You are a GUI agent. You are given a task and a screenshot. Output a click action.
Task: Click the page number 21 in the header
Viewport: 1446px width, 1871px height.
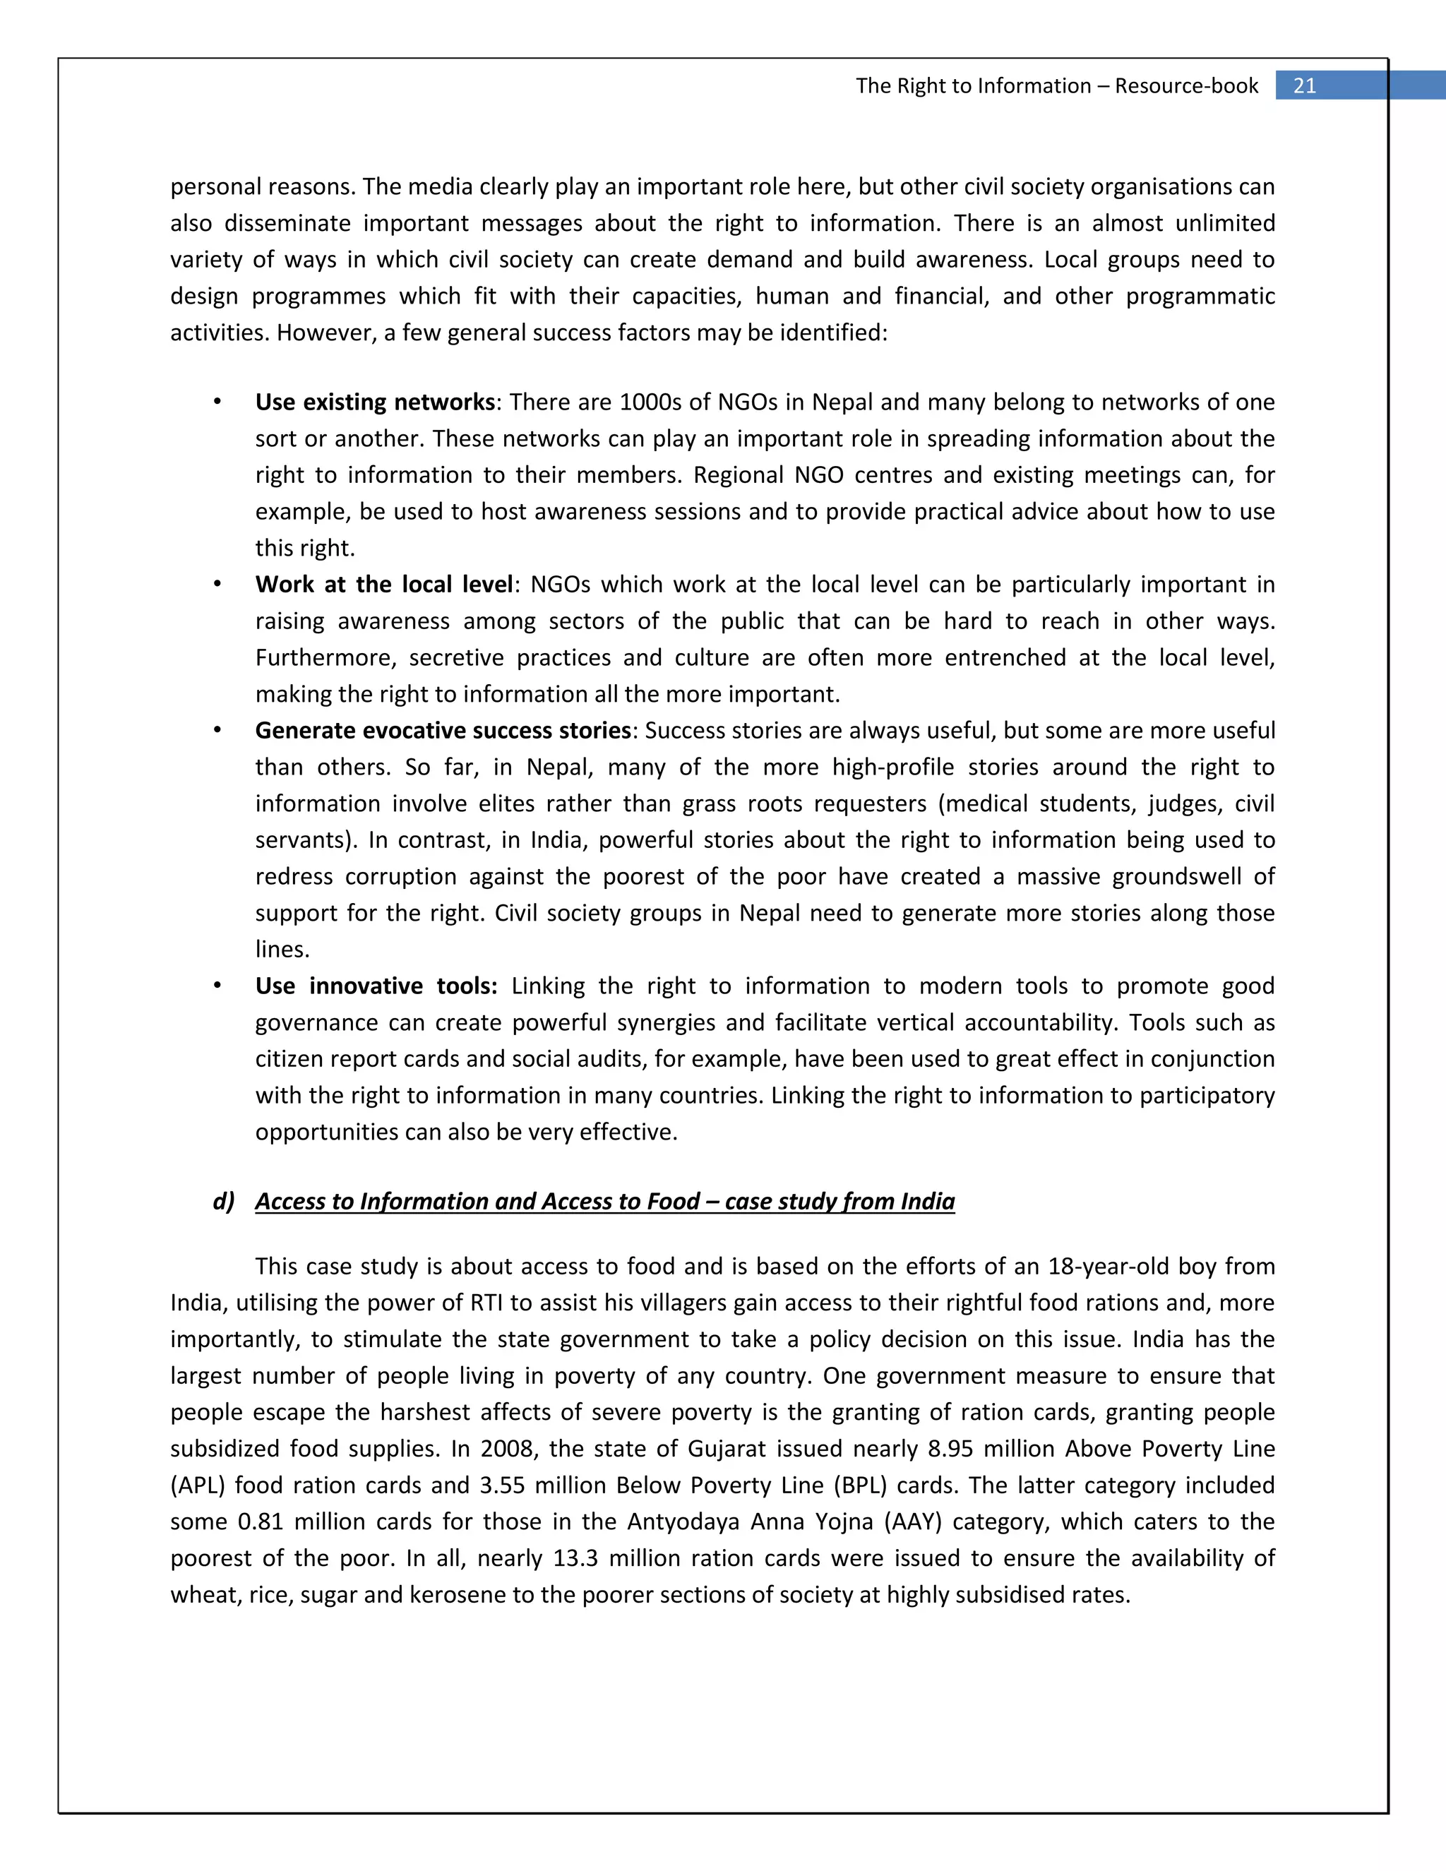point(1304,85)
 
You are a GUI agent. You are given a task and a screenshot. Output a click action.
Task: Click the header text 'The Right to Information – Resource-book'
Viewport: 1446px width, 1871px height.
point(1056,85)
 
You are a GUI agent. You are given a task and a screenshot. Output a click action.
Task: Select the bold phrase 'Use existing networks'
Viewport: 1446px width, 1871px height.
point(374,402)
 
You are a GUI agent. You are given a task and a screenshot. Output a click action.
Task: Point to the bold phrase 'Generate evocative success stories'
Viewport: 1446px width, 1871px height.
point(443,730)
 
